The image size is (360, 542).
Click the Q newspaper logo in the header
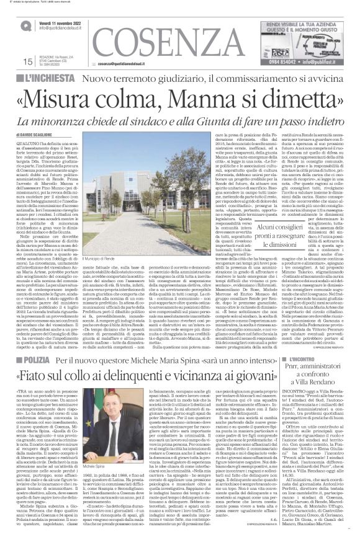click(x=24, y=24)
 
